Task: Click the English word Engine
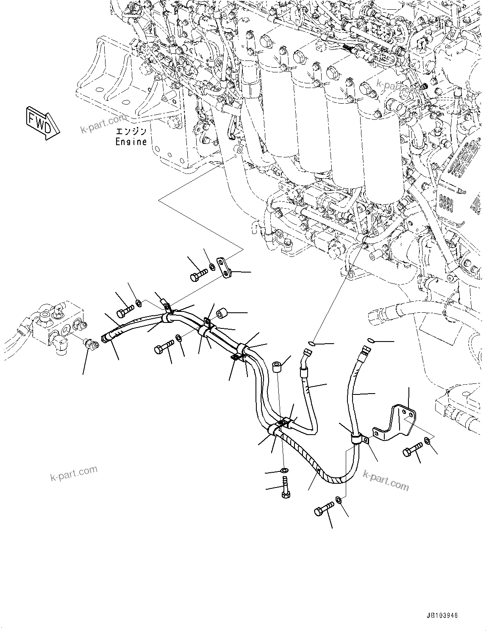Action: tap(131, 142)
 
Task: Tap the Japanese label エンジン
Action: tap(131, 131)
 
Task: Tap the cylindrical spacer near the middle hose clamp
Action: tap(222, 314)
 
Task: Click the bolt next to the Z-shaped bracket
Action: tap(413, 448)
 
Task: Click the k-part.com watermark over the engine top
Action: tap(399, 87)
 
